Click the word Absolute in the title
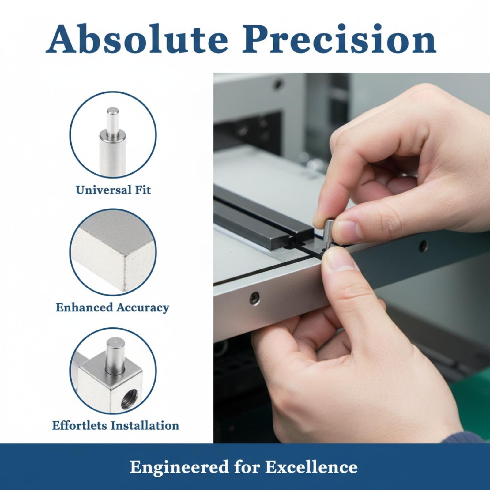137,39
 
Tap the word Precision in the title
339,39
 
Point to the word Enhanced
84,307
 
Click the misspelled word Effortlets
80,425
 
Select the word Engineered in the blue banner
179,467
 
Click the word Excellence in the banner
311,467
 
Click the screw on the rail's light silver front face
254,298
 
